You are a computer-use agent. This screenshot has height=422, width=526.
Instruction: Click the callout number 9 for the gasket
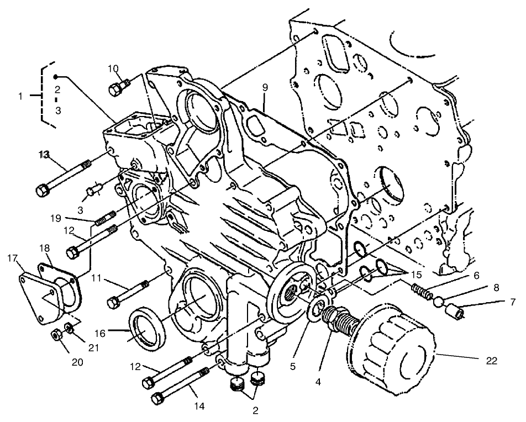tap(265, 88)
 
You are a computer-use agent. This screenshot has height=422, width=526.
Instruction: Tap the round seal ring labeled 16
tap(146, 329)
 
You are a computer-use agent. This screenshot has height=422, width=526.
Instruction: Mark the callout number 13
tap(44, 155)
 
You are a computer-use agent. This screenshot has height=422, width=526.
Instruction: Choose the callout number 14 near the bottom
tap(199, 406)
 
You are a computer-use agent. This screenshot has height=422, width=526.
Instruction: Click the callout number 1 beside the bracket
tap(21, 96)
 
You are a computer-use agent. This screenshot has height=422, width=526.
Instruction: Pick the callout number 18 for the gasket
tap(44, 247)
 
